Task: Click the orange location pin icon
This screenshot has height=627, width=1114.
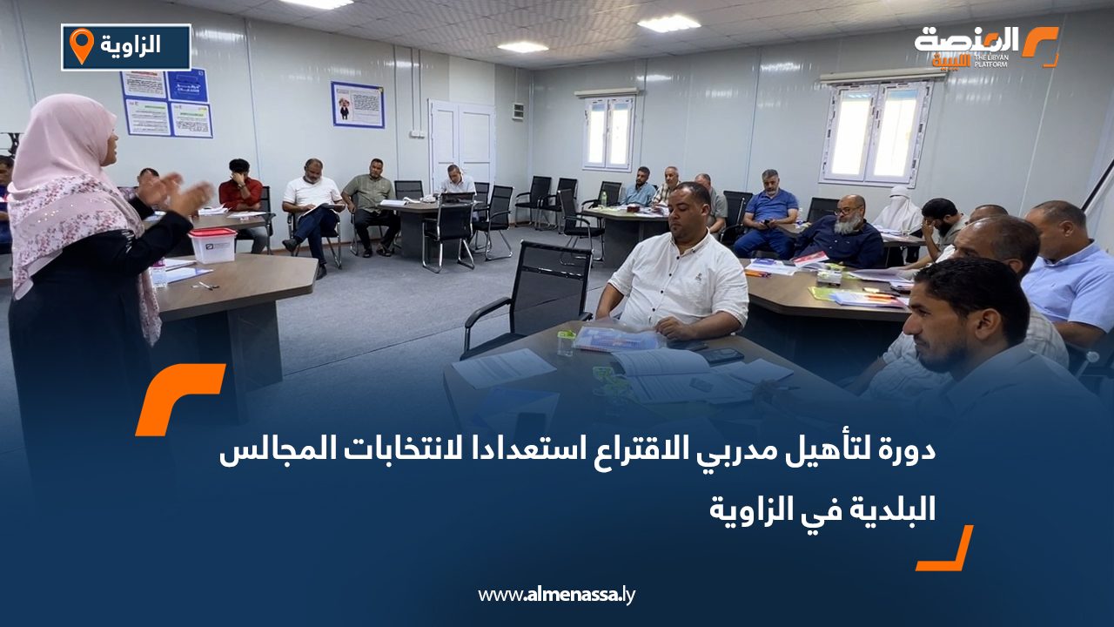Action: [81, 46]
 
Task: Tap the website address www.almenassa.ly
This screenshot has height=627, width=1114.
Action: [557, 595]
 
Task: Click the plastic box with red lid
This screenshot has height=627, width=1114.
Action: [212, 246]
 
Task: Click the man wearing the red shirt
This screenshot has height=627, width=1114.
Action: [240, 193]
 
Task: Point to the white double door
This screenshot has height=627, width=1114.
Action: [461, 144]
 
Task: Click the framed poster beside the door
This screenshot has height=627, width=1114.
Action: [357, 104]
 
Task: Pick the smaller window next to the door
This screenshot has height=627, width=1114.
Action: [608, 132]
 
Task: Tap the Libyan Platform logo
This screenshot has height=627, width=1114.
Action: [985, 46]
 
